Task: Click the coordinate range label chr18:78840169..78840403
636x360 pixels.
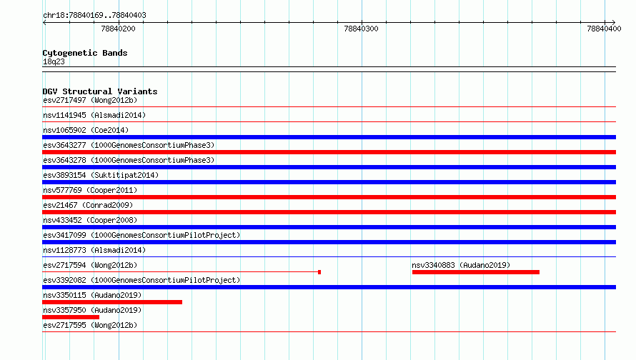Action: click(x=94, y=16)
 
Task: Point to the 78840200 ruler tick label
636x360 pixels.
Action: click(x=118, y=29)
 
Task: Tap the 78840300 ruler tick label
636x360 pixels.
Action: click(x=361, y=29)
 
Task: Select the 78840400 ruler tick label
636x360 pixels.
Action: click(x=604, y=29)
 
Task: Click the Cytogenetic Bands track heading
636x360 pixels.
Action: click(x=85, y=53)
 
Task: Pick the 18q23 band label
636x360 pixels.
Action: click(x=54, y=62)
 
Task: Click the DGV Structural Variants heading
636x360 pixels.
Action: click(x=100, y=91)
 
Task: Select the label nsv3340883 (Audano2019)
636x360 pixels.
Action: click(x=461, y=265)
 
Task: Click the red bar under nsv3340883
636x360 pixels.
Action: click(x=476, y=272)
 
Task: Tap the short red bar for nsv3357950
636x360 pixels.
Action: click(x=71, y=317)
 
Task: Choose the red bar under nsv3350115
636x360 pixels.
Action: click(x=112, y=302)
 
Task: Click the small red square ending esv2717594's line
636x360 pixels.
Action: click(x=319, y=272)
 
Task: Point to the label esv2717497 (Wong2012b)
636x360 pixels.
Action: click(x=90, y=100)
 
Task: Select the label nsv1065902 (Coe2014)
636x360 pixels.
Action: click(x=86, y=130)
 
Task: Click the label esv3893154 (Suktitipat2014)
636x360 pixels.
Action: click(x=101, y=175)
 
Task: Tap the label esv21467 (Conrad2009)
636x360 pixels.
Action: click(x=88, y=205)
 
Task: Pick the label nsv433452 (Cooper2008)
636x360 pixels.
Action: click(x=90, y=220)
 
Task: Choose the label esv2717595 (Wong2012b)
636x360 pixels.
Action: click(x=90, y=325)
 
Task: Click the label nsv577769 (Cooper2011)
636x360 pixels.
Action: click(x=90, y=190)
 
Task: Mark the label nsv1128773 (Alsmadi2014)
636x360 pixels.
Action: click(x=94, y=250)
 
